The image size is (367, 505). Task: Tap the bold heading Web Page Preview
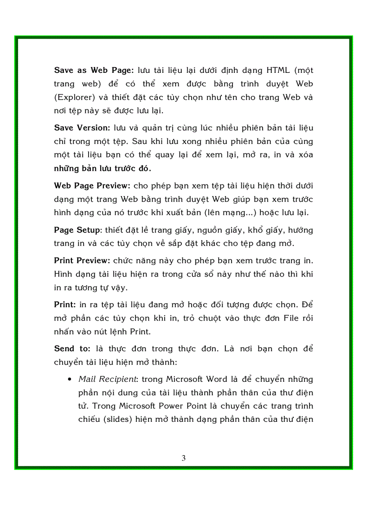[92, 186]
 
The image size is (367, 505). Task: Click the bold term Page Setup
[77, 230]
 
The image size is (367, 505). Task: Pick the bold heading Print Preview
[82, 261]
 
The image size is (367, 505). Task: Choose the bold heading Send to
[72, 349]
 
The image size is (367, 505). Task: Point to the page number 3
[183, 458]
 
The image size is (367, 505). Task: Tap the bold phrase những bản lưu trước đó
[103, 169]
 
